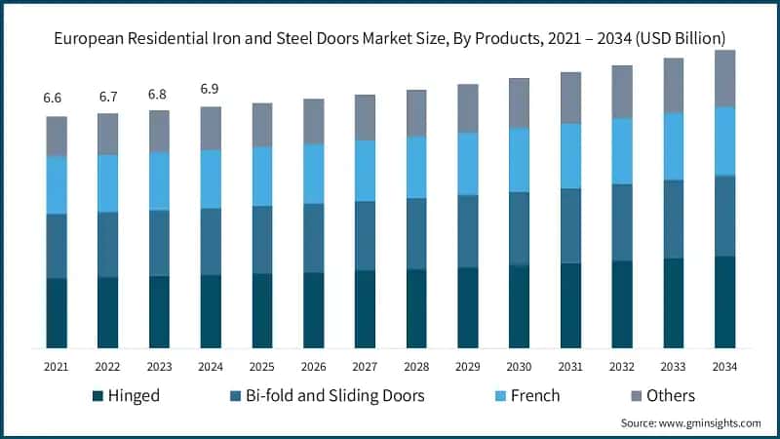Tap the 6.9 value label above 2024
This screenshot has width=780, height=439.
click(x=211, y=89)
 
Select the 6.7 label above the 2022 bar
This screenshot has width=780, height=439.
click(x=107, y=96)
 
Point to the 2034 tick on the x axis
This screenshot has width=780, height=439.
click(x=724, y=366)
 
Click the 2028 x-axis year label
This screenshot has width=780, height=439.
click(x=416, y=366)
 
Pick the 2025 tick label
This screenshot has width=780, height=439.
click(x=261, y=366)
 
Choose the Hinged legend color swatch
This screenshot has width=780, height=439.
click(x=97, y=396)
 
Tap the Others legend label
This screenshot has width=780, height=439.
click(x=669, y=396)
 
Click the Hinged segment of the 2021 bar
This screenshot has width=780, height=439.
click(x=57, y=313)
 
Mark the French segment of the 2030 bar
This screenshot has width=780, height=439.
click(x=519, y=160)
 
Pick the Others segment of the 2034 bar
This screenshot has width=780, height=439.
click(x=724, y=78)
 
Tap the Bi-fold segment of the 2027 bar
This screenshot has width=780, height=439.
click(x=365, y=235)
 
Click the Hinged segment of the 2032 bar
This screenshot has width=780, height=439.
click(x=621, y=304)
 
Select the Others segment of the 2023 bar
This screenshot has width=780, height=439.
click(x=159, y=131)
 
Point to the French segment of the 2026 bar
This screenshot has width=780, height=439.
click(x=313, y=174)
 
